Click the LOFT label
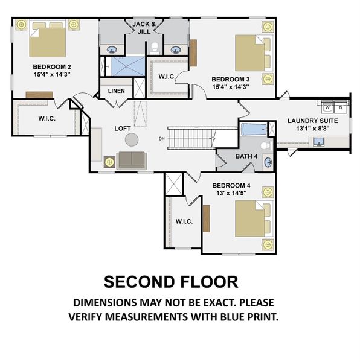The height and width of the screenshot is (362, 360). pos(124,129)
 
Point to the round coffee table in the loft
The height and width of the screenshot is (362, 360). pos(131,140)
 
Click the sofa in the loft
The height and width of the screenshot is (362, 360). pos(131,160)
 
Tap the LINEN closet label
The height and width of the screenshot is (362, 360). pos(116,92)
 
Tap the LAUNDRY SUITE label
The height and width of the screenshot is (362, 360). pos(312,121)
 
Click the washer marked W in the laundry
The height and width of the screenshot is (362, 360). pos(328,108)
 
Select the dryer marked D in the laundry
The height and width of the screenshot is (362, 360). pos(340,108)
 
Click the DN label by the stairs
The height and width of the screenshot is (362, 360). pos(161,139)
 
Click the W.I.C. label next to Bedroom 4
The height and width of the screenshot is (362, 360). pos(184,222)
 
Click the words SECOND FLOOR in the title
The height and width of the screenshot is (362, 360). pos(171,282)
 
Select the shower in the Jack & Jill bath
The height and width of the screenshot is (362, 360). pos(127,66)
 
